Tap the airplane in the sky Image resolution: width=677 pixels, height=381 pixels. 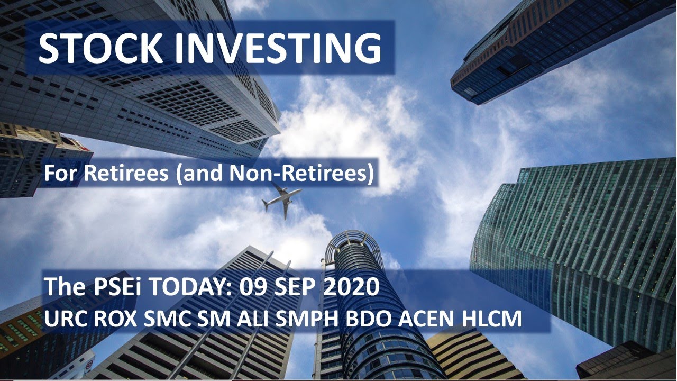(281, 199)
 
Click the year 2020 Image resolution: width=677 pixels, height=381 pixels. (351, 288)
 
